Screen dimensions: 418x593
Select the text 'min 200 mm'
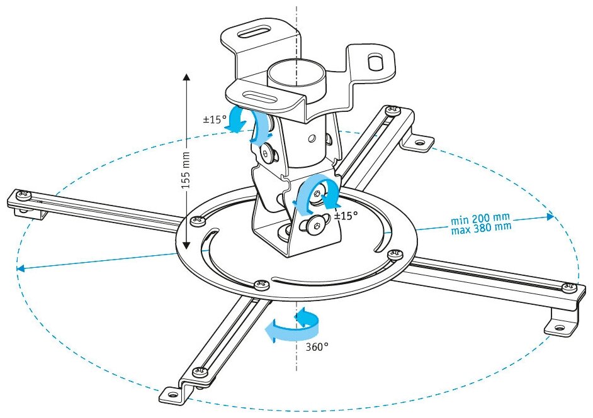pos(480,219)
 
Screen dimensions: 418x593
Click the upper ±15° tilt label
pos(215,119)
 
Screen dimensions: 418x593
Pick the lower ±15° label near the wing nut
pos(345,216)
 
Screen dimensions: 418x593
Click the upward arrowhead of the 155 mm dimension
pos(187,77)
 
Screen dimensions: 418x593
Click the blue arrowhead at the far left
pos(20,268)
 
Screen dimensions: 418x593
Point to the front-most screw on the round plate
pos(258,285)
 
